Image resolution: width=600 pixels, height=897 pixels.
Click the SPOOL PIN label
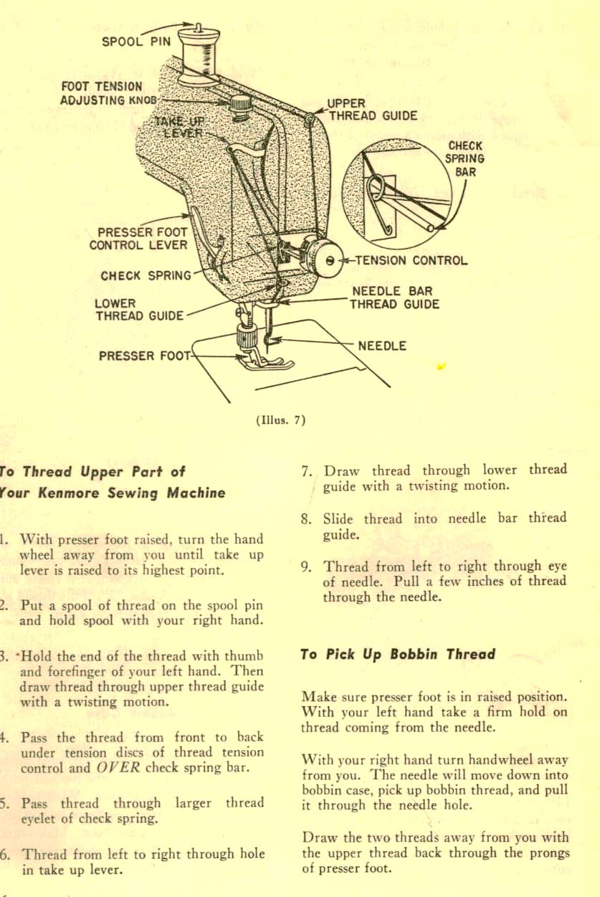(136, 41)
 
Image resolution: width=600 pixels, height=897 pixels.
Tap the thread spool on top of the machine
(199, 53)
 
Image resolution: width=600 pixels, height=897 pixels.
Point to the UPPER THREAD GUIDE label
(372, 110)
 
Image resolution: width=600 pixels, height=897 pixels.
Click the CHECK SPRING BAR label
(465, 158)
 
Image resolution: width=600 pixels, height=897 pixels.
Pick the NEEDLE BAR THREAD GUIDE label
(394, 298)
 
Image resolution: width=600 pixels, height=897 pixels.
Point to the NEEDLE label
(382, 346)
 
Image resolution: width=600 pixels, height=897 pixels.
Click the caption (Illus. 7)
(280, 421)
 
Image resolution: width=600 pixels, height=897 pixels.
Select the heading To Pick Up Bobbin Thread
(398, 654)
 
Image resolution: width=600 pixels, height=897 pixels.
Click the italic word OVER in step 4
(118, 769)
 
